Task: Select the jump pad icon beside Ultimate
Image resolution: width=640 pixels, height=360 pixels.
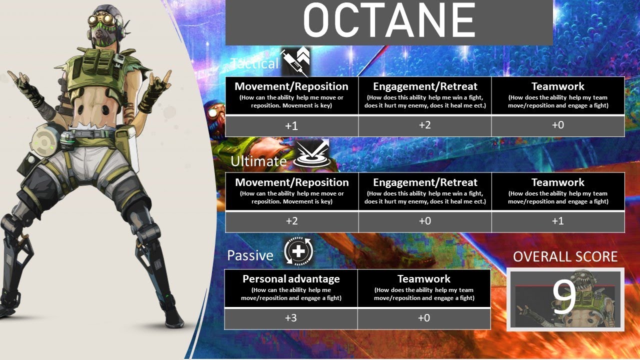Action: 307,155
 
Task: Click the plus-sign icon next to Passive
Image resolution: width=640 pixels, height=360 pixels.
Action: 298,251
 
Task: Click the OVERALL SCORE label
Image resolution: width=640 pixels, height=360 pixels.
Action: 565,257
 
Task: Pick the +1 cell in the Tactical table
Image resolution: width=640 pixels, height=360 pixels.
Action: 291,126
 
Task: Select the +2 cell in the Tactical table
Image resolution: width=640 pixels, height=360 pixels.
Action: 424,125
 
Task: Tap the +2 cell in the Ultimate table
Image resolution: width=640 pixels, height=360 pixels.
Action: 291,221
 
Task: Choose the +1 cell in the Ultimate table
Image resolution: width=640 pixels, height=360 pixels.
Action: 558,221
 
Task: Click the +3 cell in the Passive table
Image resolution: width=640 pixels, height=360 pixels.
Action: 291,318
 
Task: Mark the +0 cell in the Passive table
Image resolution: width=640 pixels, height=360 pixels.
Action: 423,318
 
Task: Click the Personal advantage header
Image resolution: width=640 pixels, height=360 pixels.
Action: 291,279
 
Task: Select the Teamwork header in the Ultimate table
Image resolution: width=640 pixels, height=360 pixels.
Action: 558,182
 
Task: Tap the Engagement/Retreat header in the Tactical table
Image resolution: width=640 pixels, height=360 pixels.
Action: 425,86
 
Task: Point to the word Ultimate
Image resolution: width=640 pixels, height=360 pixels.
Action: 258,161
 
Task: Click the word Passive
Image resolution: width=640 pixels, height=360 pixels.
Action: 250,255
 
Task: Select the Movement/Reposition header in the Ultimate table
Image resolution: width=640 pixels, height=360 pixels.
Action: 291,182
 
